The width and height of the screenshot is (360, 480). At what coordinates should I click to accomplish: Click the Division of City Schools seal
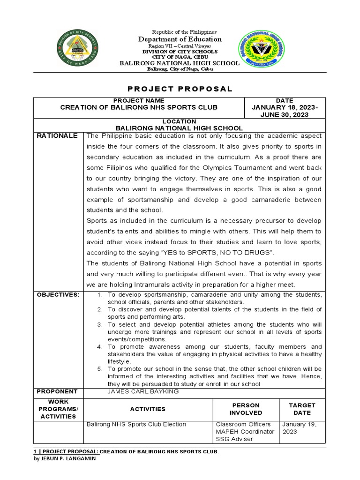click(x=77, y=50)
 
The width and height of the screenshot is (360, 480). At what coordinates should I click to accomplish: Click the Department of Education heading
click(x=180, y=39)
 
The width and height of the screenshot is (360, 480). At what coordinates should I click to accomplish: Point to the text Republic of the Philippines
click(x=180, y=31)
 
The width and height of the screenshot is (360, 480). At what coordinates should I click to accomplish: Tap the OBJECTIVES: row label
click(x=60, y=294)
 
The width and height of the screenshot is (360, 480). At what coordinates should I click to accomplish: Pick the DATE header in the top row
click(x=285, y=100)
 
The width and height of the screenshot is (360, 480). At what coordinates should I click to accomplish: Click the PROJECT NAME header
click(x=139, y=100)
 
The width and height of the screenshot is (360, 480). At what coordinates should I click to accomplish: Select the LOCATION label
click(x=179, y=121)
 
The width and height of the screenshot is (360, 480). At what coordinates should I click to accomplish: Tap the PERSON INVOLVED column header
click(x=246, y=409)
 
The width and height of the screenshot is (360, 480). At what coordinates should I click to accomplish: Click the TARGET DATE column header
click(x=302, y=409)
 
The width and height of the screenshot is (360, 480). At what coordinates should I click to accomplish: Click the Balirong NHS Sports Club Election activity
click(x=136, y=424)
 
